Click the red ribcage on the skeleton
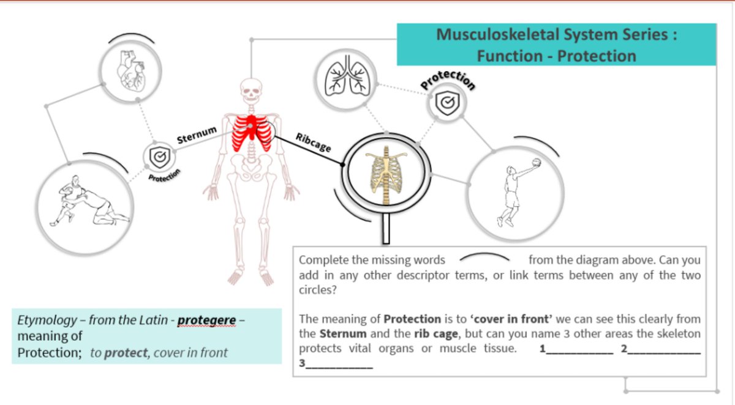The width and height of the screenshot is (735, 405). point(250,133)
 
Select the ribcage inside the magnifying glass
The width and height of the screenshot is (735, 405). point(384,177)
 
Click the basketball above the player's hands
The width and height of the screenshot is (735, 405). point(537,163)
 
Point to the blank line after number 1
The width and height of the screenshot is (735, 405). point(579,352)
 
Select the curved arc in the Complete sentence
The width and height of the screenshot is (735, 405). point(484,258)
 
